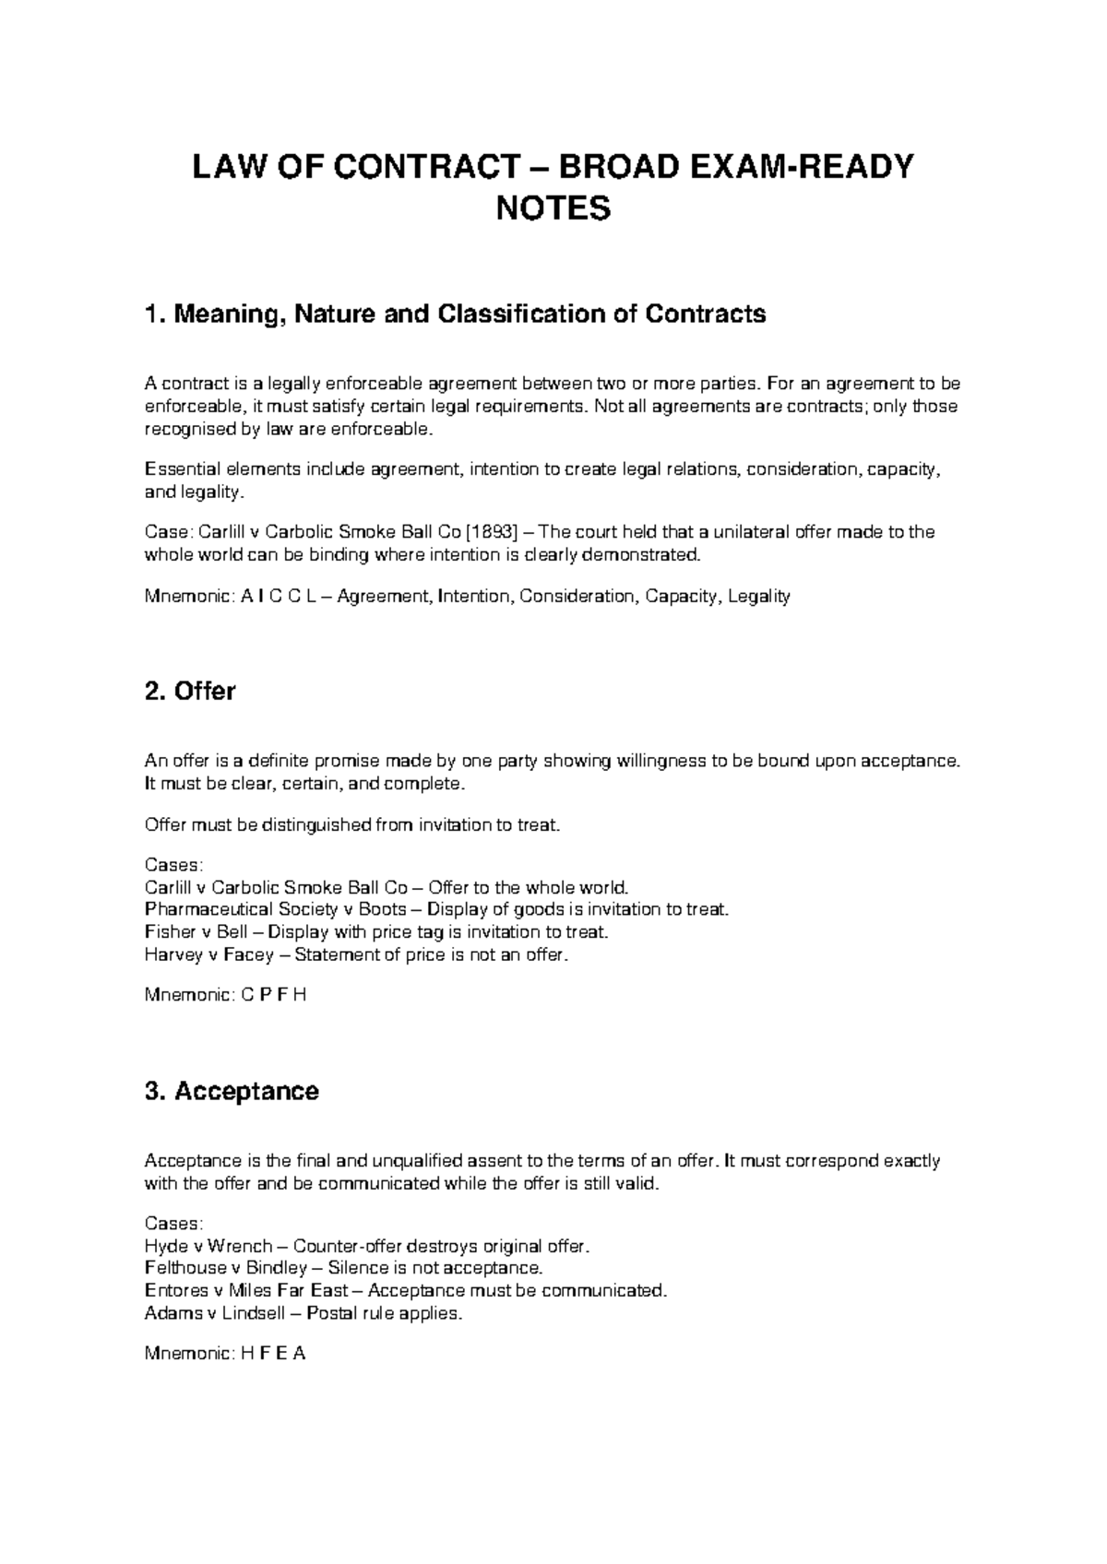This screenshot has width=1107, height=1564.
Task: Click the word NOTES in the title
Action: [x=553, y=208]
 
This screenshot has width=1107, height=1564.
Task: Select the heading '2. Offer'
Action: [x=191, y=691]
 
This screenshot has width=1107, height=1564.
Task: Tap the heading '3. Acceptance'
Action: [x=232, y=1091]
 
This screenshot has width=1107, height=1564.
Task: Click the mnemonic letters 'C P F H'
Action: [x=272, y=996]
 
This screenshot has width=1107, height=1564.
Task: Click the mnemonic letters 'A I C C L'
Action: [x=278, y=597]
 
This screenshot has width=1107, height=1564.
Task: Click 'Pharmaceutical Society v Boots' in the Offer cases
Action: [x=275, y=910]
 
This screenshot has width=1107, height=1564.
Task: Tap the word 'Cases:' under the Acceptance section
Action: [x=173, y=1224]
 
